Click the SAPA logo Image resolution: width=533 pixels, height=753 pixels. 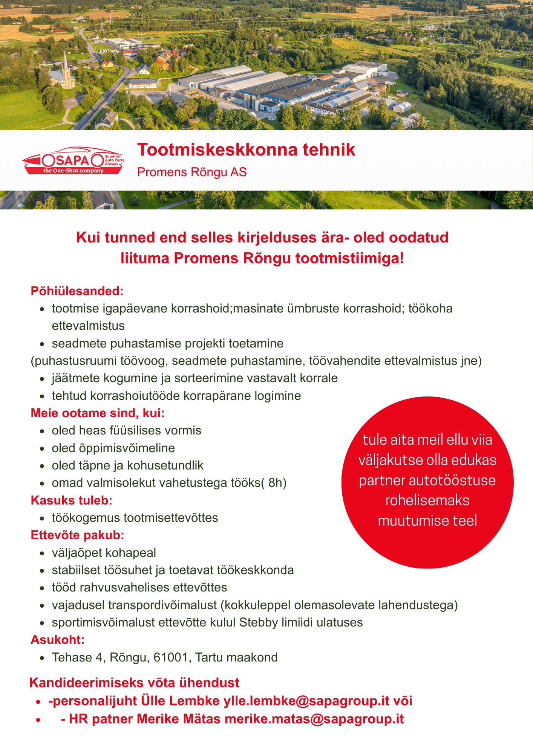click(x=73, y=160)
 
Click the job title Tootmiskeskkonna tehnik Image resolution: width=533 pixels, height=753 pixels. click(x=246, y=149)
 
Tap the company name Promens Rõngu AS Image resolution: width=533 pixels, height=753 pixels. click(x=191, y=172)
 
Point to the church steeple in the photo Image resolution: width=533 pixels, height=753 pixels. click(x=66, y=62)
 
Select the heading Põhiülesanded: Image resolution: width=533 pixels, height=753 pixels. click(x=77, y=291)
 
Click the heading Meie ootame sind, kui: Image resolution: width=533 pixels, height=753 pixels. click(x=98, y=413)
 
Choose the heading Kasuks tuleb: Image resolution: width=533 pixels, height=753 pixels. click(x=72, y=500)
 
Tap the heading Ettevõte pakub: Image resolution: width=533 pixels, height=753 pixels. click(x=77, y=535)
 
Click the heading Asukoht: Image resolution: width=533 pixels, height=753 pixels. click(x=57, y=640)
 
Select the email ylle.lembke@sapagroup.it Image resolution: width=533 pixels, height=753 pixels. click(x=306, y=701)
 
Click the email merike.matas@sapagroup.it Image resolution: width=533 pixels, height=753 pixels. click(x=314, y=719)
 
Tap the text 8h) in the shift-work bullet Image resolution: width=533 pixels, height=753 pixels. click(x=277, y=483)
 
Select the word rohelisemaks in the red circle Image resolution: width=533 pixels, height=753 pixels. click(x=427, y=500)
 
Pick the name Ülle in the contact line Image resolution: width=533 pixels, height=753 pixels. click(x=153, y=701)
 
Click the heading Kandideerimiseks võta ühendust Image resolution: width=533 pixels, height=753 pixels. click(x=134, y=683)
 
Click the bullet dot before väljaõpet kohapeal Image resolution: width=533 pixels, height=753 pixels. click(x=43, y=553)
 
